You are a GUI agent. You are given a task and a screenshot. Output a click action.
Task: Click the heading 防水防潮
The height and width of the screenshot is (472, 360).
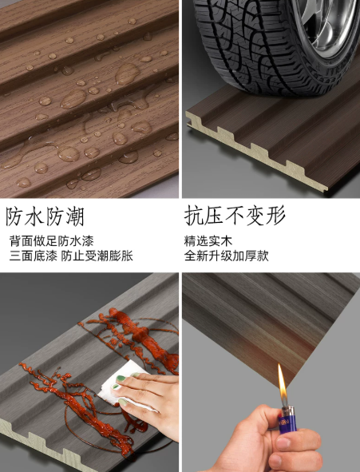pos(45,216)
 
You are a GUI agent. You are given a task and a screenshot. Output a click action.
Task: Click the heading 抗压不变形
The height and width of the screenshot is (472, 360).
pos(235,215)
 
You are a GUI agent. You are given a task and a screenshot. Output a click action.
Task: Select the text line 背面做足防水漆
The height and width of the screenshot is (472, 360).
pos(51,241)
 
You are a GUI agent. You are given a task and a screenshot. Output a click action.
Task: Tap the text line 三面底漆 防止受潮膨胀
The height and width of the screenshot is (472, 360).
pos(71,256)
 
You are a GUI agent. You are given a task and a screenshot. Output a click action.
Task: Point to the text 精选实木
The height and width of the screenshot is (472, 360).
pos(208,241)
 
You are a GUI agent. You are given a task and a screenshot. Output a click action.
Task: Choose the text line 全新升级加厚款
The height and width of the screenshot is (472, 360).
pos(226,256)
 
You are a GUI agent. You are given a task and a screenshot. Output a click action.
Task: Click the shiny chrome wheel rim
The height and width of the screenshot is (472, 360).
pos(328,24)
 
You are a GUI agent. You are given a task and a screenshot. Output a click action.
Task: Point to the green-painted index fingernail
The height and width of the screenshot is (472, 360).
pos(121,379)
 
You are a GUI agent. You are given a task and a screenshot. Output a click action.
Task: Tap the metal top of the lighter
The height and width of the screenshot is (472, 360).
pos(288,410)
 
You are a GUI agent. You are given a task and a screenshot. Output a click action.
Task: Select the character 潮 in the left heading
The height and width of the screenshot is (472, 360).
pos(74,216)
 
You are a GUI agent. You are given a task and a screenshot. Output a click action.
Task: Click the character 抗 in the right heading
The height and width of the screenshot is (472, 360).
pos(194,215)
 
